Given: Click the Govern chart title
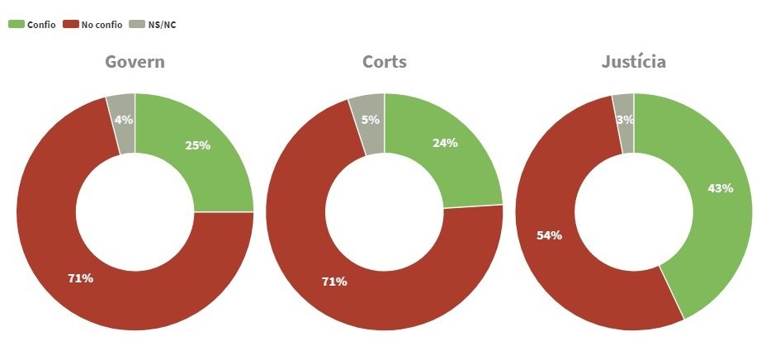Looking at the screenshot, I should [x=135, y=63].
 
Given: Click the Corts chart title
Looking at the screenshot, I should [x=384, y=63].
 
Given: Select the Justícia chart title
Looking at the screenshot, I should [x=633, y=63].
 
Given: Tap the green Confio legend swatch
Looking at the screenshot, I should [x=16, y=25].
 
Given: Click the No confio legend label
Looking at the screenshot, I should [x=102, y=25].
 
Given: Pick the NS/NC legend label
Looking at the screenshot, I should [x=162, y=25].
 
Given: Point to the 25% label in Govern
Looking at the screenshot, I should [x=197, y=145].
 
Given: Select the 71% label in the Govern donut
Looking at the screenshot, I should [x=80, y=278].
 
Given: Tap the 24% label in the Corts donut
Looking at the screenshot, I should [x=445, y=142].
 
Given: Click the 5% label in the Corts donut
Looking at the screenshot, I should [x=371, y=120].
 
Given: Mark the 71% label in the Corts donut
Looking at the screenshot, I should [x=334, y=282].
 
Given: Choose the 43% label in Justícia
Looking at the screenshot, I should [x=720, y=188].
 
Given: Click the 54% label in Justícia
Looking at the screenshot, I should [x=549, y=235].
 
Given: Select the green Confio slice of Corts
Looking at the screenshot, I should [x=462, y=165].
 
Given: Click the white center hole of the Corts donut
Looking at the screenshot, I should [x=384, y=212].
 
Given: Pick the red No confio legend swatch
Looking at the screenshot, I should [x=70, y=25].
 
